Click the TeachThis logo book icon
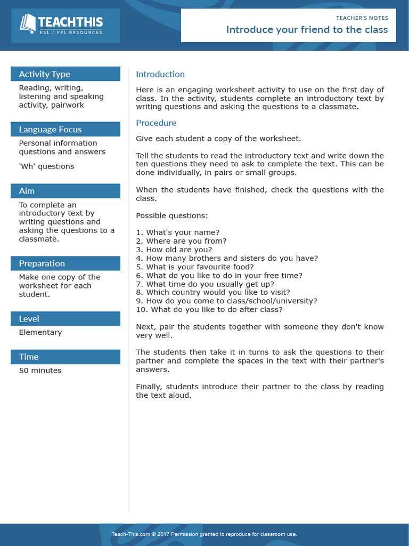point(28,23)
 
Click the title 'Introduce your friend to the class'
point(307,29)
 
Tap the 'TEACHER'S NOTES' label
point(362,18)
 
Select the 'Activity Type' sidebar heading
point(45,74)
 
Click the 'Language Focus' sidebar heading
point(50,130)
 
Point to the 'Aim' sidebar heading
point(27,191)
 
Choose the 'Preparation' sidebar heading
point(42,263)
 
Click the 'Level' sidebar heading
point(29,319)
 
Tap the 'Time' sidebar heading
point(29,357)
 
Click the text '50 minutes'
point(40,371)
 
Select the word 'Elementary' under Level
point(40,332)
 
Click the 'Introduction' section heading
point(160,74)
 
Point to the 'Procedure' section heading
point(156,123)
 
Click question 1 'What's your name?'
point(177,232)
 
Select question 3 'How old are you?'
point(174,250)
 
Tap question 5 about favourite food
point(195,267)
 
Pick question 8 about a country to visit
point(213,292)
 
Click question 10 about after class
point(209,309)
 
